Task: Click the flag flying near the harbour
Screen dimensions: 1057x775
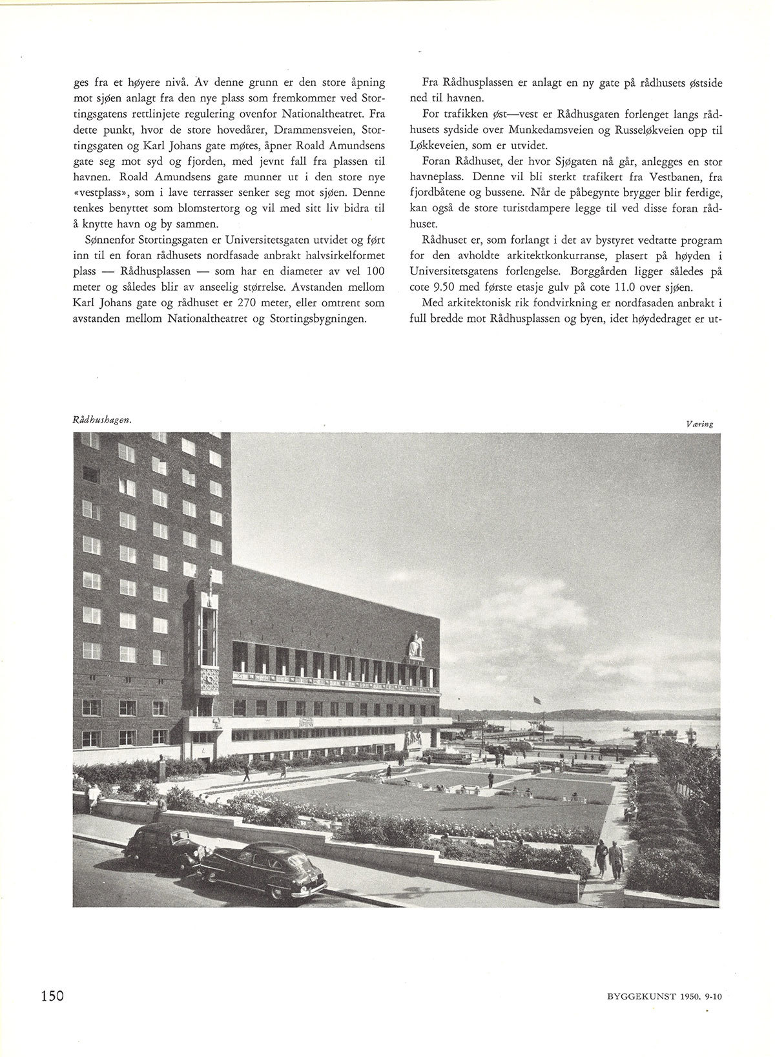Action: tap(536, 699)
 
